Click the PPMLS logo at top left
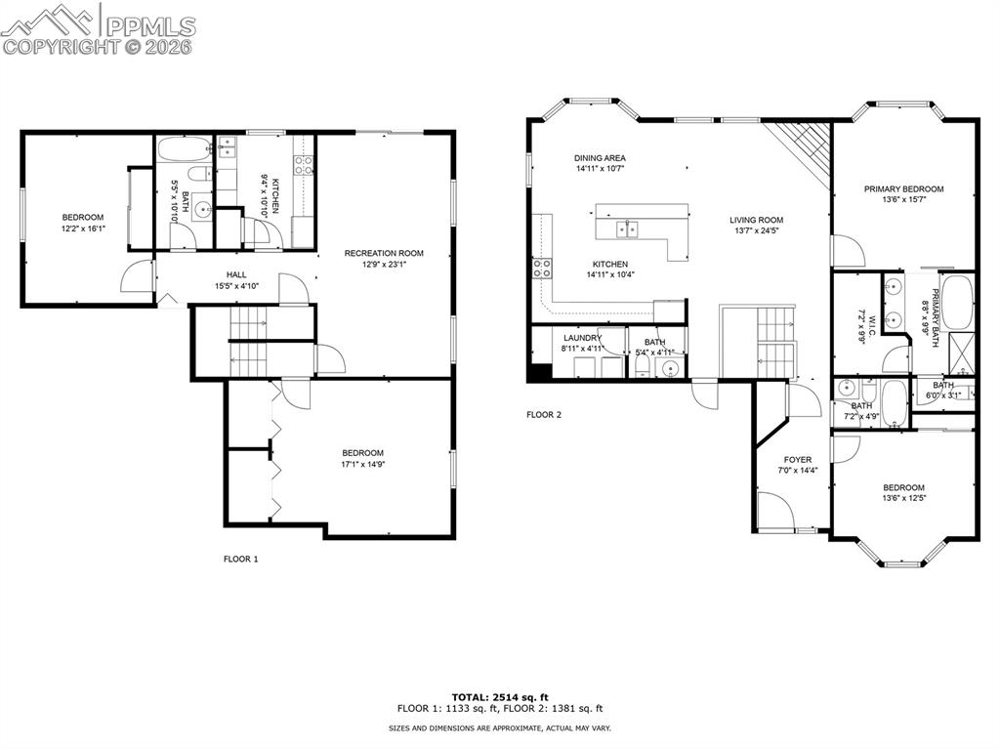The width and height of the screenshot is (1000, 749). pos(98,29)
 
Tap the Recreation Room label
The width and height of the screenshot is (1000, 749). pos(383,253)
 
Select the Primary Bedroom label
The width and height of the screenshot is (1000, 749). pos(903,188)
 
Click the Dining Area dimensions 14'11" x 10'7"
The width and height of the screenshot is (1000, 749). pos(600,169)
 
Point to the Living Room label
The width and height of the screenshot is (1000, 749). pos(756,220)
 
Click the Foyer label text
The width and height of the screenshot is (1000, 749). pos(798,459)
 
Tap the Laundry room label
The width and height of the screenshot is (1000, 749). pos(582,338)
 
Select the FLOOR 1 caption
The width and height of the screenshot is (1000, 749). pos(241,560)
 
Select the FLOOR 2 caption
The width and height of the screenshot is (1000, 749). pos(544,415)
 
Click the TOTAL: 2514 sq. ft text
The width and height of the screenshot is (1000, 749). pos(499,696)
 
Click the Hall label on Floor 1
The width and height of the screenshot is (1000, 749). pos(236,275)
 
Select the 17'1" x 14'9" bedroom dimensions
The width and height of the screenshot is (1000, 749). pos(362,465)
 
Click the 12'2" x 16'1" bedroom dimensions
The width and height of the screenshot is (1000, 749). pos(83,229)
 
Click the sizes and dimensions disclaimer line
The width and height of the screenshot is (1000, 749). pos(499,728)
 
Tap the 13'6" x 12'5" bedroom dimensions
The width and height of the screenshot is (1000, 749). pos(903,498)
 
